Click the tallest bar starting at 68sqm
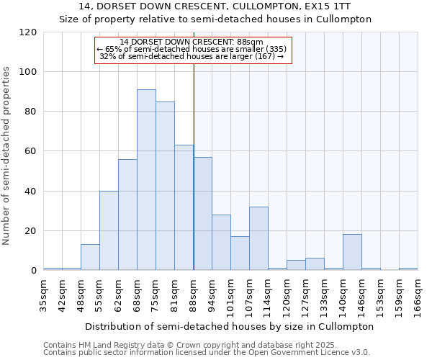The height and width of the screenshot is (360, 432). coord(146,180)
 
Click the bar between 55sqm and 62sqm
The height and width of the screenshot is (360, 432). coord(109,230)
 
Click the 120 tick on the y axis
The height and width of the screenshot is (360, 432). coord(28,32)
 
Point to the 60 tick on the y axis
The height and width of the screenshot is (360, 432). coord(31,151)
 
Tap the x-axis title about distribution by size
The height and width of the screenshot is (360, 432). coord(230,326)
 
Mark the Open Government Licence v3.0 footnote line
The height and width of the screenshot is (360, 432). coord(206,352)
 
